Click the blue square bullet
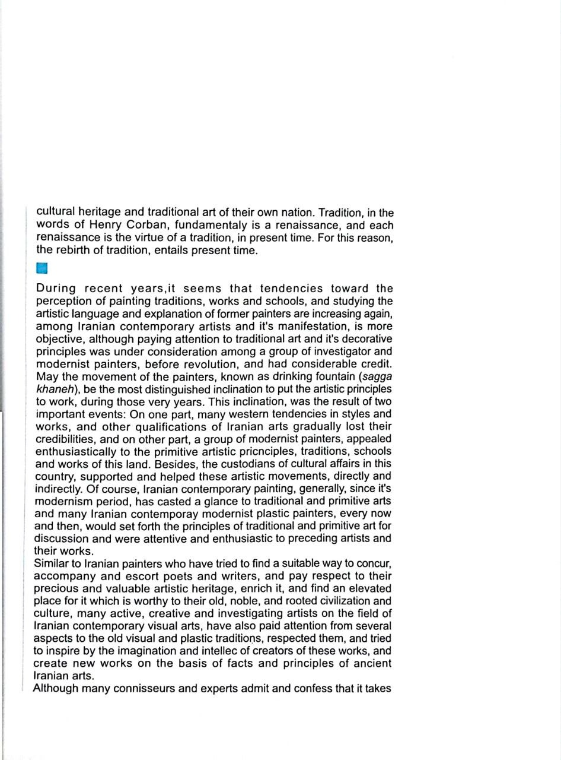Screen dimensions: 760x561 click(x=42, y=268)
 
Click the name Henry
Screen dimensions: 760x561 click(x=106, y=225)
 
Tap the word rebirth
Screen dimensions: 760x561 click(x=72, y=250)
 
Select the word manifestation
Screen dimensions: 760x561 click(x=308, y=326)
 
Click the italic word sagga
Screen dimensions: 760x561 click(x=377, y=376)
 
